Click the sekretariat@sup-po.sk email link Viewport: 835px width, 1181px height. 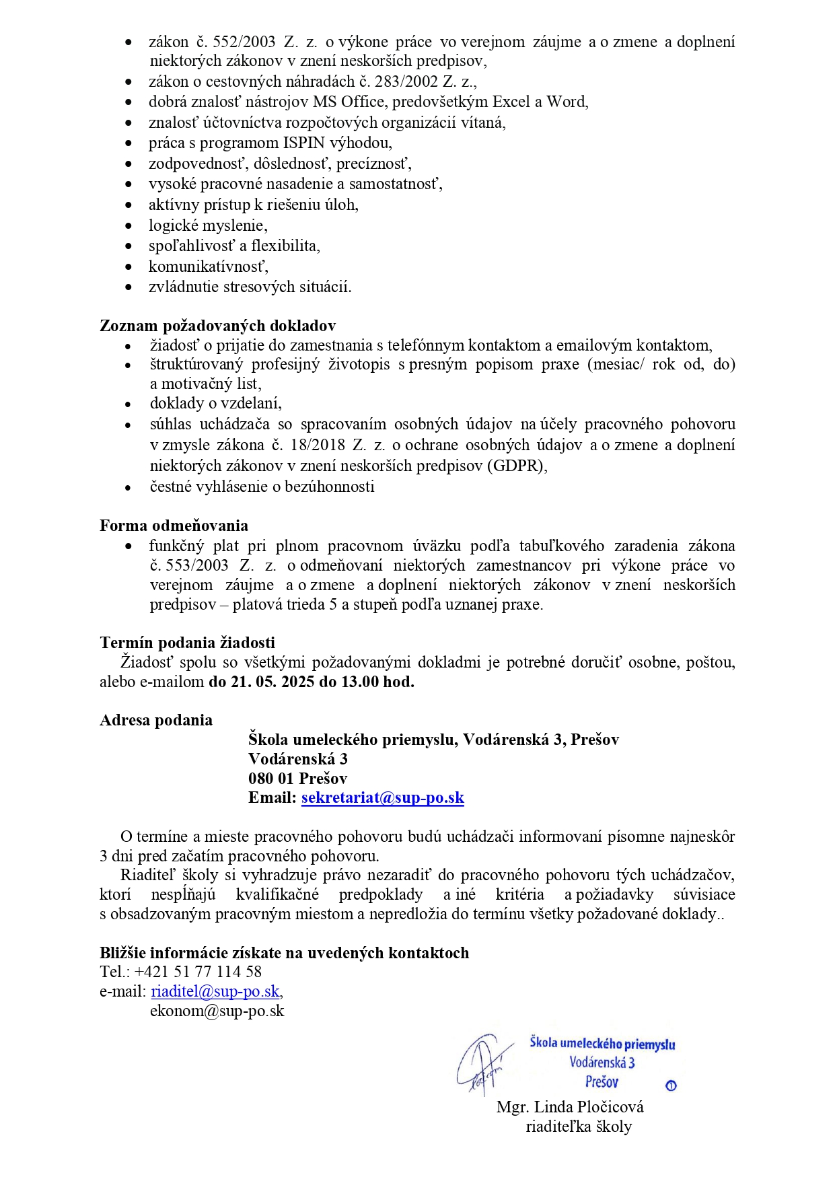382,798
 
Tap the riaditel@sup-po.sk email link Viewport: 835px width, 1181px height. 215,991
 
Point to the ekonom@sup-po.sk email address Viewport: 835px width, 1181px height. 217,1011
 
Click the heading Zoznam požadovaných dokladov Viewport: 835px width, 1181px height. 217,326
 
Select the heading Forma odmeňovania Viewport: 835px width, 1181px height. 174,526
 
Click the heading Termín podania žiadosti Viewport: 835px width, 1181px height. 187,643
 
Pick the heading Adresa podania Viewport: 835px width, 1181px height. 156,720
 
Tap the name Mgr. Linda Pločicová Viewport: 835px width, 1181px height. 570,1107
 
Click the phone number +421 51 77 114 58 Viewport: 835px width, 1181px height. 198,972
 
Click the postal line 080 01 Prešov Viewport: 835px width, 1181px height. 297,779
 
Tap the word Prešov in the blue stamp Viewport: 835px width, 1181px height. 602,1082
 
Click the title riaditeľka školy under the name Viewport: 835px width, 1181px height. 578,1126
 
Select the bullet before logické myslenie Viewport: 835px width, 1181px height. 129,226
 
